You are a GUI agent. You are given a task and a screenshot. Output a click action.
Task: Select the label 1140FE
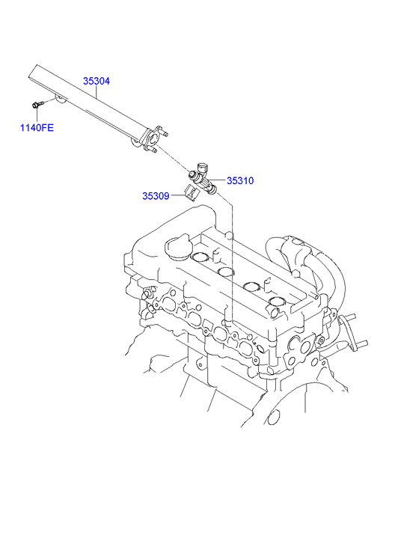point(37,127)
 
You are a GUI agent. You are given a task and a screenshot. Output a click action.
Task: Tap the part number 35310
point(240,180)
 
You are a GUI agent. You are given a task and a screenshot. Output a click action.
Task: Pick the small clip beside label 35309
point(190,195)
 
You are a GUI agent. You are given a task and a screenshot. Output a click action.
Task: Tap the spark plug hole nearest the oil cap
point(201,259)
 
